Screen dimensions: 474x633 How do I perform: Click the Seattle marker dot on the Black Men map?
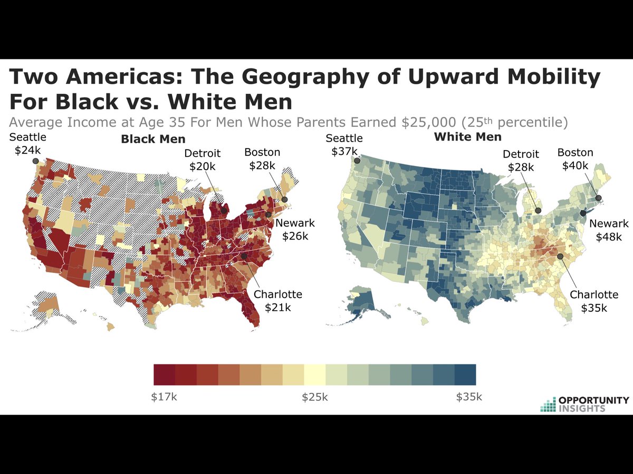35,162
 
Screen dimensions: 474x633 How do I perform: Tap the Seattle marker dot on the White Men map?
357,161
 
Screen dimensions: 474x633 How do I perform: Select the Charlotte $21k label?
278,301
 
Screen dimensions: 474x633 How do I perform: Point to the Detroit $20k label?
202,160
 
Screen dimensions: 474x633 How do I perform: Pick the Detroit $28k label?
521,161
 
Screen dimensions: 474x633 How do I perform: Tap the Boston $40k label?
576,159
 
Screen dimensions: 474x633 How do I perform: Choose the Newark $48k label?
609,230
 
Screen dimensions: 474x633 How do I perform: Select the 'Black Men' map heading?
153,139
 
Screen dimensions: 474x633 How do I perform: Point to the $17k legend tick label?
164,397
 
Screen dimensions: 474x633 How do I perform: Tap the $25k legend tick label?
315,397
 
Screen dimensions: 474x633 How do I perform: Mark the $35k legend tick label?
469,397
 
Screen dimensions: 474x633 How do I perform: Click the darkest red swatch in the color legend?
164,374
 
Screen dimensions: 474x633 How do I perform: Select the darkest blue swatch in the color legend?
465,374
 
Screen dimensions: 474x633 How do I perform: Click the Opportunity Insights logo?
584,404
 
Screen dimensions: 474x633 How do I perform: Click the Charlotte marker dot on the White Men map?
560,256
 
